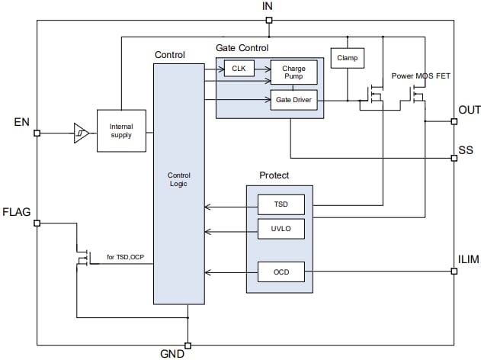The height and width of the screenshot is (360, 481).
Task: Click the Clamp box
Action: [x=347, y=57]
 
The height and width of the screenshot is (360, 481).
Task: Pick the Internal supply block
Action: [x=121, y=130]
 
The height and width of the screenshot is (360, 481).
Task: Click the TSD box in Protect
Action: [x=281, y=204]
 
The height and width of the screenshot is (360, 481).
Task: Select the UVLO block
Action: [x=281, y=228]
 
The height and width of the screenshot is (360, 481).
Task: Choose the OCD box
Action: [x=281, y=272]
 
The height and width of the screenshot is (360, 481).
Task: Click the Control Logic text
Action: [x=178, y=179]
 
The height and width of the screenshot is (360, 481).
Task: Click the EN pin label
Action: [x=21, y=121]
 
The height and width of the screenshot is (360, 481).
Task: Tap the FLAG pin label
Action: [x=16, y=212]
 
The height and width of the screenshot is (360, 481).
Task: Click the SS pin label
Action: [x=465, y=150]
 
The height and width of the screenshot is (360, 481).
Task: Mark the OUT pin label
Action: [x=468, y=111]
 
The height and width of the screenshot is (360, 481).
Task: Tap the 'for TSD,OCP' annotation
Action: [x=124, y=257]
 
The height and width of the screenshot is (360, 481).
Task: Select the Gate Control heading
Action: [x=242, y=47]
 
